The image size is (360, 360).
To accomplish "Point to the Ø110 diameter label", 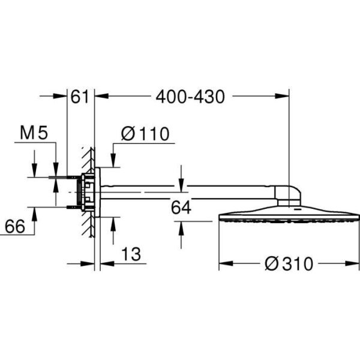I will coord(145,134).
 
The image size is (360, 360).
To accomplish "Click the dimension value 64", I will coord(181,208).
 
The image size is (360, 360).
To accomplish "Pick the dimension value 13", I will coord(131,254).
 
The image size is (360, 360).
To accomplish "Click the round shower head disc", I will coord(289,215).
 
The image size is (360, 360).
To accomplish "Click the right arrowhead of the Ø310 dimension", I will coord(355,263).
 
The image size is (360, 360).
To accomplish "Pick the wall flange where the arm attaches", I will coord(98,191).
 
